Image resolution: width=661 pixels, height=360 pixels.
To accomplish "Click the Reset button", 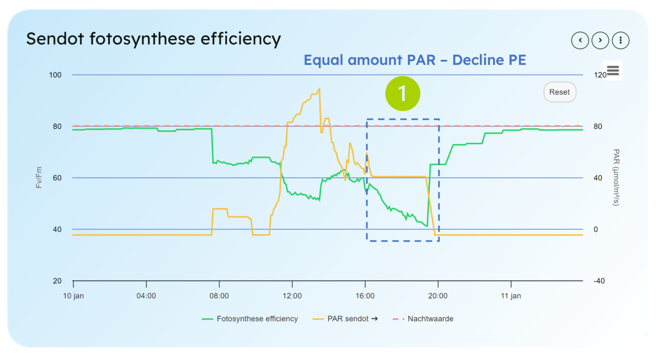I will click(x=559, y=92).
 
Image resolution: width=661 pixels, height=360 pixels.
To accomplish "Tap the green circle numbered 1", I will click(x=402, y=93).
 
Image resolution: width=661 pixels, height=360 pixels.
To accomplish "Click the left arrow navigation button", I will click(x=580, y=40).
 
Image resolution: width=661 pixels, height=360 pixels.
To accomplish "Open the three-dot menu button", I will click(x=621, y=40).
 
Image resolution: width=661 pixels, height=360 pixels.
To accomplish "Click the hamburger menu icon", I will click(x=613, y=71).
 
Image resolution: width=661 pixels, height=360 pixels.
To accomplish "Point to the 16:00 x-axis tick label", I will click(x=365, y=296).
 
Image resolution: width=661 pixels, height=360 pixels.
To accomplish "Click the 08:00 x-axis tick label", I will click(x=219, y=296).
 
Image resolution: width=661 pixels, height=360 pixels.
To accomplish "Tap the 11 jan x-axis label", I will click(x=511, y=296).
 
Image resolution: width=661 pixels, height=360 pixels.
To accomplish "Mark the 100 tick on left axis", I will click(x=55, y=75).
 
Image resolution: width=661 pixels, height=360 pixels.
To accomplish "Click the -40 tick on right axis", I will click(x=599, y=281).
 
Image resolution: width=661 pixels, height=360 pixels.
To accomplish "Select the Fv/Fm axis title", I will click(x=39, y=178).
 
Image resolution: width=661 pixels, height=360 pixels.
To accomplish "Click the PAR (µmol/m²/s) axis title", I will click(x=616, y=178).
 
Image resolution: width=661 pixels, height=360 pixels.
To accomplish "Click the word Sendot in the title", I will click(x=55, y=39).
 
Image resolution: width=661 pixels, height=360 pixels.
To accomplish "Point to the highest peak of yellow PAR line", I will click(x=319, y=89).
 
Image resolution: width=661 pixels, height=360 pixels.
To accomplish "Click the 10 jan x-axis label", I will click(x=74, y=296).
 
